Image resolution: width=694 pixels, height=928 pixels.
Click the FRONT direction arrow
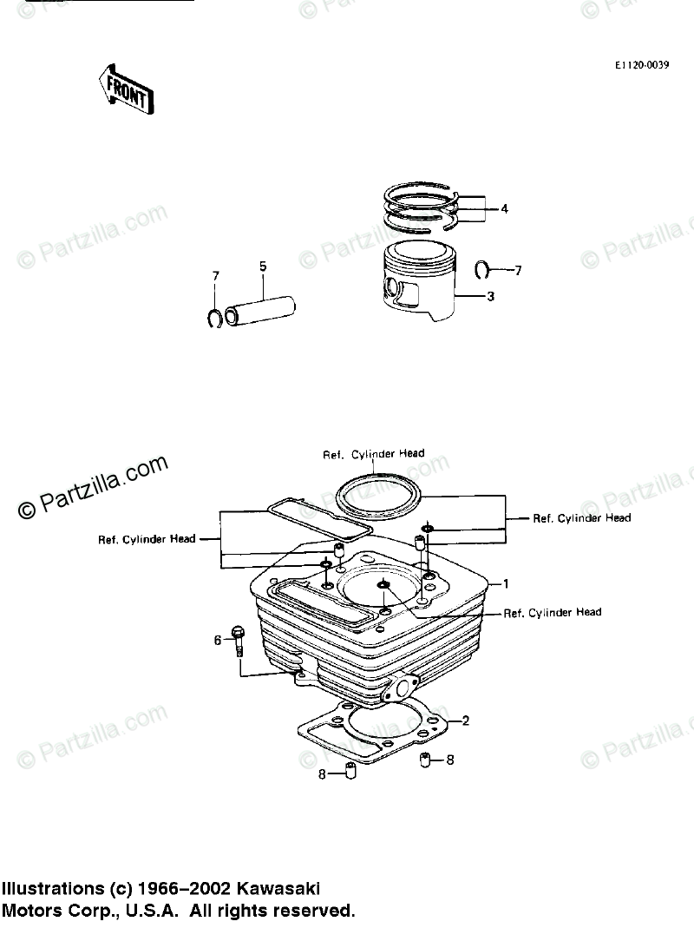pos(126,89)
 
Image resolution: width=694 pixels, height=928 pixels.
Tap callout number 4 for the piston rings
pos(504,208)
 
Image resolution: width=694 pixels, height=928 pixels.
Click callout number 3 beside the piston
pos(490,297)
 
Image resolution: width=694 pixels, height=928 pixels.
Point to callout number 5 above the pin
pos(263,267)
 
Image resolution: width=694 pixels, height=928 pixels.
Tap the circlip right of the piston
pos(485,271)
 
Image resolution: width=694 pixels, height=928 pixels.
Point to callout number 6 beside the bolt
pos(219,640)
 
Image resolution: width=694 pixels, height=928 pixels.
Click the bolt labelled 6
pos(238,642)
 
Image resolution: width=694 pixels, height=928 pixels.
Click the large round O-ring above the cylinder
pos(378,497)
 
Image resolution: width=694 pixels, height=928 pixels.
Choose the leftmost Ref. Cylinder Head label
pos(147,538)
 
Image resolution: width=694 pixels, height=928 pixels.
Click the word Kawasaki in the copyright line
pos(280,890)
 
